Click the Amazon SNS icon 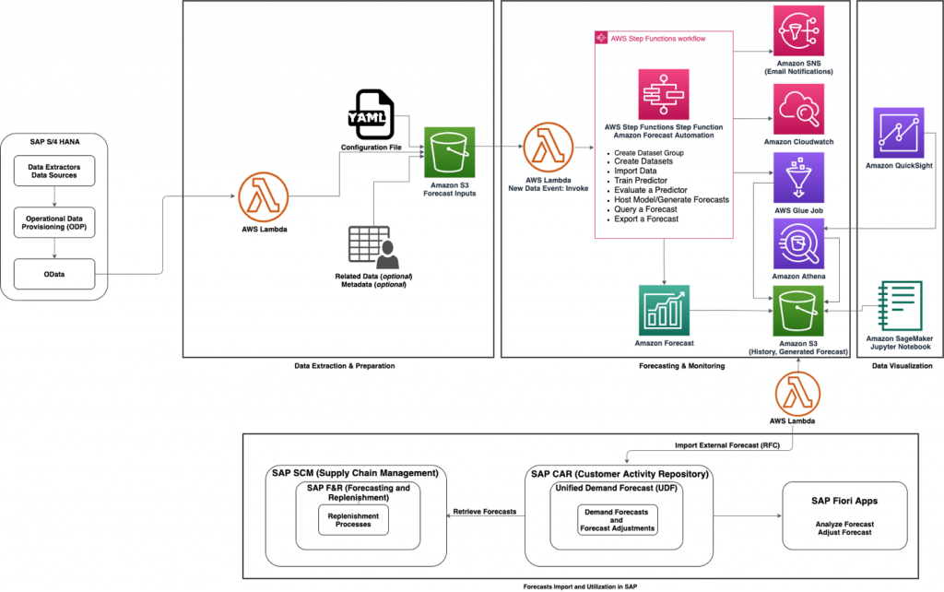click(798, 30)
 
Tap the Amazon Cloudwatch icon click(798, 109)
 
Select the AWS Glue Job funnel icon click(798, 177)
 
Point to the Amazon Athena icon click(798, 245)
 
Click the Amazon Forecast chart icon click(663, 311)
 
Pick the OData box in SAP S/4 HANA click(56, 273)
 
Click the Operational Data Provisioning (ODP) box click(56, 220)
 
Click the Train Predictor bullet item click(641, 181)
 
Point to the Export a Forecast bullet click(646, 219)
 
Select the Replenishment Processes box click(352, 520)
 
